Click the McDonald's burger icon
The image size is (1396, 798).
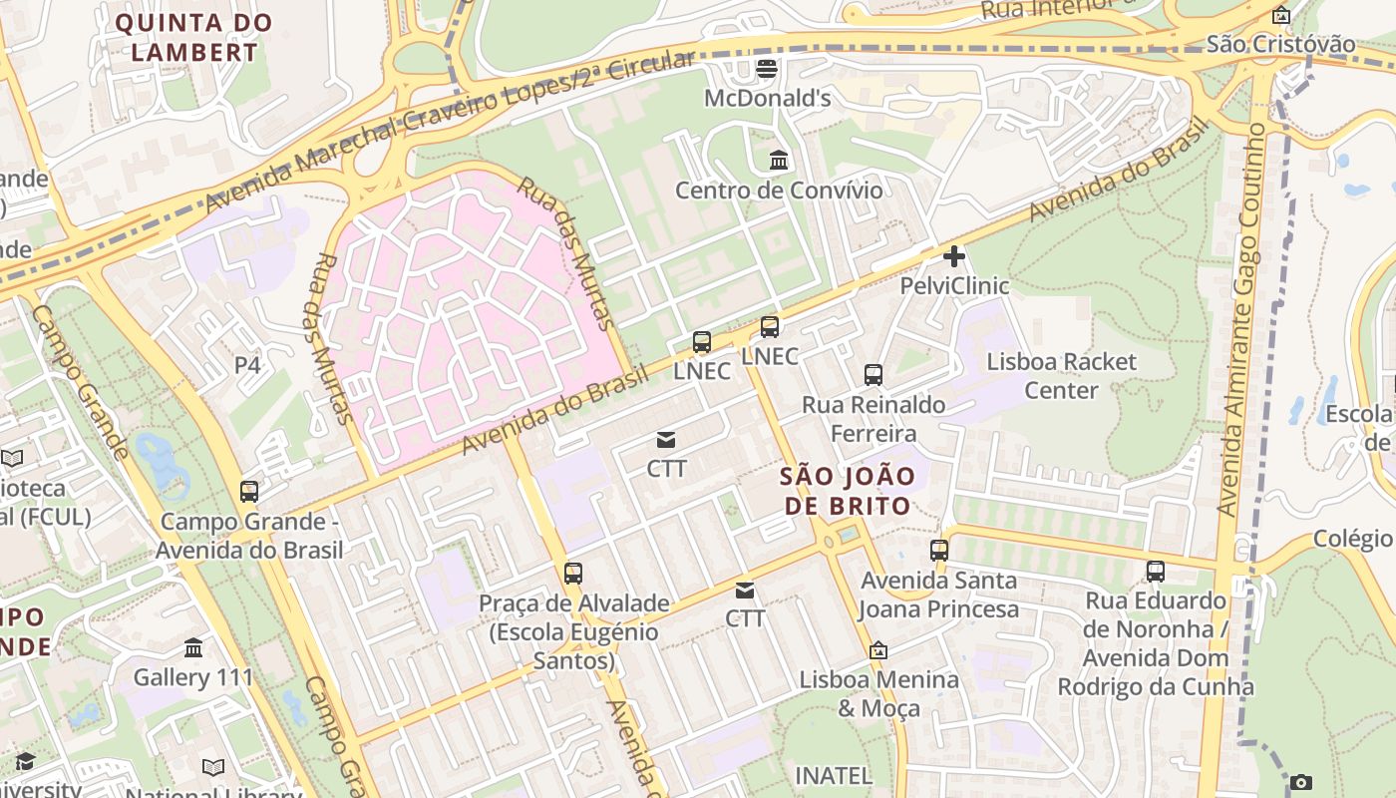[767, 69]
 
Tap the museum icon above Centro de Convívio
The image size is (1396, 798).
[779, 160]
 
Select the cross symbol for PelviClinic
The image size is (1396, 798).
[954, 256]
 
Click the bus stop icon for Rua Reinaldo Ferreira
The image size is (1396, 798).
[873, 375]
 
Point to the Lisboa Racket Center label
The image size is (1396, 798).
[1061, 375]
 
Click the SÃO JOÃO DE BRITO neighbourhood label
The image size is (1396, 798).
[848, 490]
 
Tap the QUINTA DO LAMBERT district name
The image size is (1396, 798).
[194, 37]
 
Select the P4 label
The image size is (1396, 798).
[247, 366]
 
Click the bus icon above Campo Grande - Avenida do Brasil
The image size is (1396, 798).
[249, 492]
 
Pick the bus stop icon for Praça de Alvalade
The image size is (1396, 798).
[572, 574]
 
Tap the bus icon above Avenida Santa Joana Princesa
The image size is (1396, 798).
[939, 551]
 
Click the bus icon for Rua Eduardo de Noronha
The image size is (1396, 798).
[1155, 572]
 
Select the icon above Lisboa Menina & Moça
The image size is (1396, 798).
[878, 650]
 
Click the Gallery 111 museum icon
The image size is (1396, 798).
[193, 648]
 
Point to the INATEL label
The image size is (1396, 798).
[833, 775]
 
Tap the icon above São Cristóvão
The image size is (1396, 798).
[1281, 15]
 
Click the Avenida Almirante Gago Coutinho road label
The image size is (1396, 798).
[1242, 319]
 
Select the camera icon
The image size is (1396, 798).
[1300, 783]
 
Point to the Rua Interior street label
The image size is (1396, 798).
[1057, 9]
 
